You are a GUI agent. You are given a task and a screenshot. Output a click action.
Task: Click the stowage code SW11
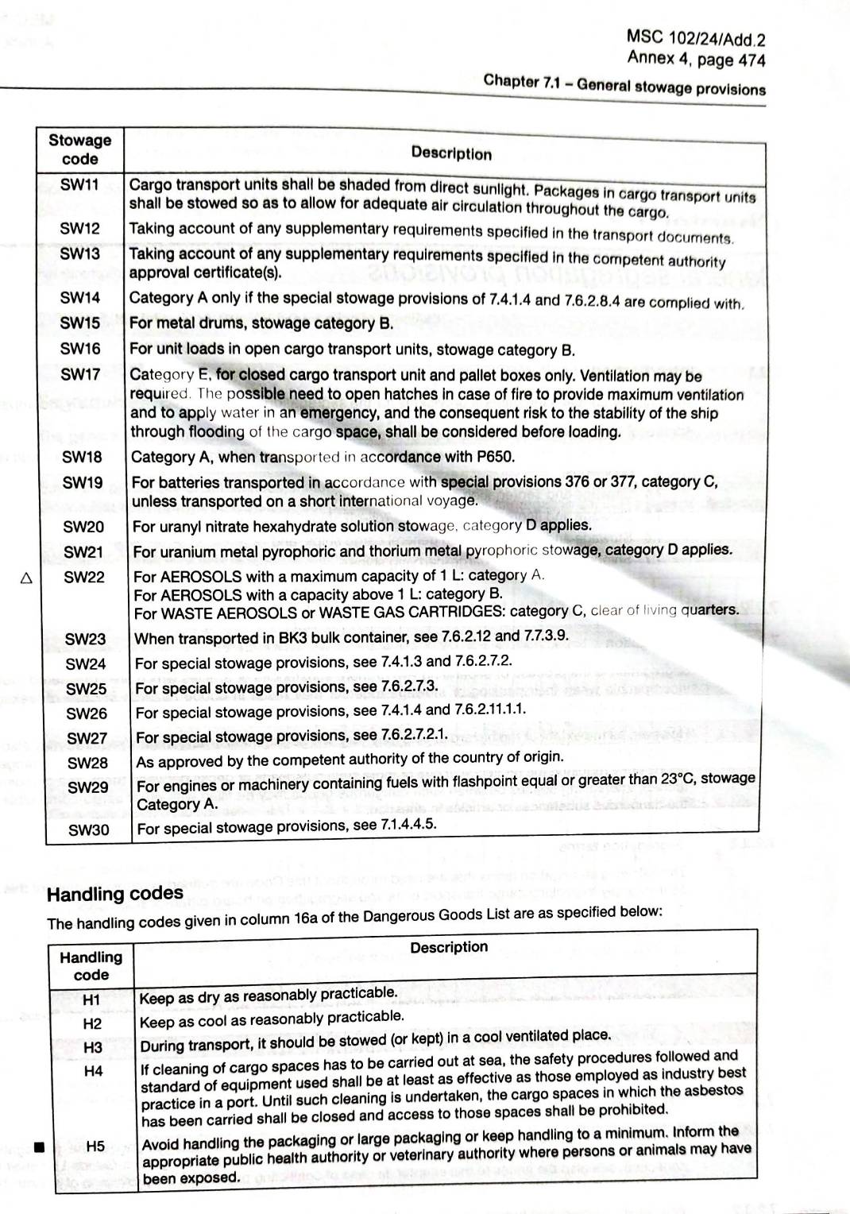79,185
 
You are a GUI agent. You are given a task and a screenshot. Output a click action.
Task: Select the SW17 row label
80,373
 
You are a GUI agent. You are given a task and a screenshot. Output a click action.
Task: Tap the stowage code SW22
83,577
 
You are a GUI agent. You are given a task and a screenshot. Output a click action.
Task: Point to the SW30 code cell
88,830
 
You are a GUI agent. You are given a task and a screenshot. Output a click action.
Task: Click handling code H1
91,999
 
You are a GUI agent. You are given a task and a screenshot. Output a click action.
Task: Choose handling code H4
93,1071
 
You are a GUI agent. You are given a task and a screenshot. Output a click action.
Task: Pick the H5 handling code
95,1146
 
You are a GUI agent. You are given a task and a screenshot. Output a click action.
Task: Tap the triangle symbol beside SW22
26,578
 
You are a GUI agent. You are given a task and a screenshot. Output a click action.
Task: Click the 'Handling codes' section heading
115,894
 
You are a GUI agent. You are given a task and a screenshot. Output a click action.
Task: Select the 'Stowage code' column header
79,149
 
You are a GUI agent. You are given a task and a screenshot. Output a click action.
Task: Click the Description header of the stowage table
451,153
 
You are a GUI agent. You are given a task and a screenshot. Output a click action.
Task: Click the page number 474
751,60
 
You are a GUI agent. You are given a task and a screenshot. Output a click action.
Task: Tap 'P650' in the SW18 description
496,456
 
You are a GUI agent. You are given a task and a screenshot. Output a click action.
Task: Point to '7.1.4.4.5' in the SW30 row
408,824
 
